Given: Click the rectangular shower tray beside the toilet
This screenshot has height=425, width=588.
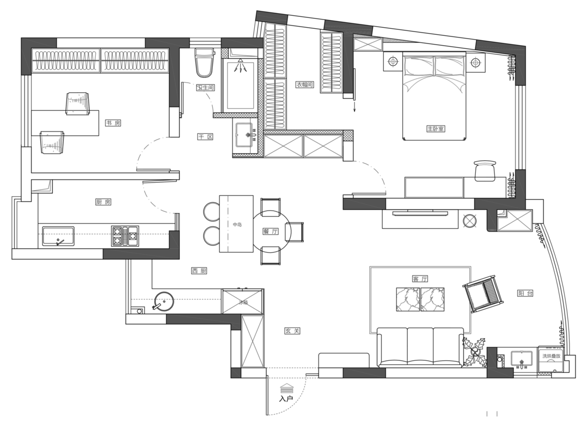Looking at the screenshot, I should point(240,85).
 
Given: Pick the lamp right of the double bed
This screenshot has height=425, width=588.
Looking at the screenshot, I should point(476,62).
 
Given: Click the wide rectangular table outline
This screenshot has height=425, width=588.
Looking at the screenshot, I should point(434,187).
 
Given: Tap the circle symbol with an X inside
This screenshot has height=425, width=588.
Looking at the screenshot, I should point(469,221).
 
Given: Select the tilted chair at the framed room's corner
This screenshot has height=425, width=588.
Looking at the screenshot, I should point(482,294).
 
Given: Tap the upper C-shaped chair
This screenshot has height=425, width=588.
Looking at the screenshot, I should point(212,211).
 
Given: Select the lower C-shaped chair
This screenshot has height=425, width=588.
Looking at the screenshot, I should point(212,236).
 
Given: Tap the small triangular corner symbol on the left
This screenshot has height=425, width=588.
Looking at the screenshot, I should point(42,186).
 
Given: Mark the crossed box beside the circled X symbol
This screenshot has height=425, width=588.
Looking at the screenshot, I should point(514,221).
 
